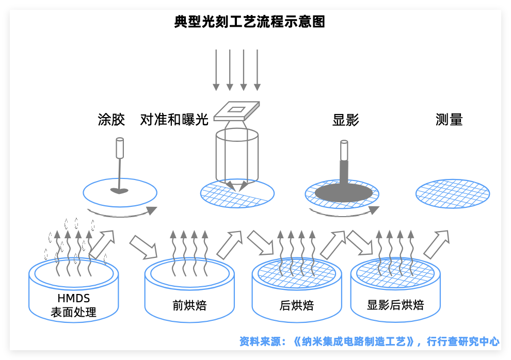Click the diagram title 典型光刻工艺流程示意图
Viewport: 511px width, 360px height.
250,22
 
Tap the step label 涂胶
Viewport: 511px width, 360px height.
111,120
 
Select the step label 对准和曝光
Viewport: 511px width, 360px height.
174,120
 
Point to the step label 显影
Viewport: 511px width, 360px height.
345,120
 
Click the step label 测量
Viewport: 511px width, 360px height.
449,120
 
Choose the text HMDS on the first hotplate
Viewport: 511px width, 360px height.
74,298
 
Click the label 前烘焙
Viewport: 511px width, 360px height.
189,305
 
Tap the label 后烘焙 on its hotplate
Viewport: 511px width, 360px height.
297,305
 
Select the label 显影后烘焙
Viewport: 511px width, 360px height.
395,305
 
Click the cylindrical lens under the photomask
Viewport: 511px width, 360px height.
237,155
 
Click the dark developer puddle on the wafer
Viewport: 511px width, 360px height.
344,193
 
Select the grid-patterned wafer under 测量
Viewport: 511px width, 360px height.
453,194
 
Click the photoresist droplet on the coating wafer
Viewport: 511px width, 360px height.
119,191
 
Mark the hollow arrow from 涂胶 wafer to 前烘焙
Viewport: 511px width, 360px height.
143,247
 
